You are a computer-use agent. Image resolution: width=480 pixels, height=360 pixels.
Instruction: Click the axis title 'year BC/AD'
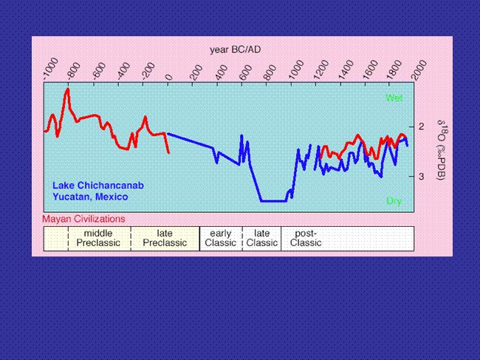[235, 50]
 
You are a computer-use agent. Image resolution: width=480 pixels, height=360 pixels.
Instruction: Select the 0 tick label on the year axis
[169, 77]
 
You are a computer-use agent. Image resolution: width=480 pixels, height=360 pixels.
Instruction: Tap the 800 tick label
[270, 72]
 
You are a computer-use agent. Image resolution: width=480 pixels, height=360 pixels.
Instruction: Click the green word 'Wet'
[394, 98]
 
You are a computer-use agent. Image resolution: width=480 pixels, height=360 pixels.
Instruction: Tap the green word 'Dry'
[394, 201]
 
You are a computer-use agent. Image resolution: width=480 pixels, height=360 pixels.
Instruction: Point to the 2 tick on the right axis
[422, 126]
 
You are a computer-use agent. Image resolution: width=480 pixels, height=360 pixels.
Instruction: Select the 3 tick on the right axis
[422, 177]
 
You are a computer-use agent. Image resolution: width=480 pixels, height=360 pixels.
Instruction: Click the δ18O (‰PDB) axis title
[441, 150]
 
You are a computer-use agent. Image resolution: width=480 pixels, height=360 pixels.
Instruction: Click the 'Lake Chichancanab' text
[98, 186]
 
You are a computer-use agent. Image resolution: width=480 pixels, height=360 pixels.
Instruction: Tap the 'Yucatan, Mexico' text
[90, 197]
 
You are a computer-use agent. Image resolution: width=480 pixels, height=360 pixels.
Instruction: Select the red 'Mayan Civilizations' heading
[83, 219]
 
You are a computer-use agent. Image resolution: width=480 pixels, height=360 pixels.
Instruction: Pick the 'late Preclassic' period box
[165, 239]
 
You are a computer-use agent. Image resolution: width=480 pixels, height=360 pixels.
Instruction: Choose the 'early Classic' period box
[221, 239]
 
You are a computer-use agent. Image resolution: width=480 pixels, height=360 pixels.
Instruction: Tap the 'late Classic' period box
[261, 239]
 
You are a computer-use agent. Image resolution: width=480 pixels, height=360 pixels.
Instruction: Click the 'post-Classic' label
[306, 238]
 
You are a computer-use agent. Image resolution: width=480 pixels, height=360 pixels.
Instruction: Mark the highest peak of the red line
[68, 89]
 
